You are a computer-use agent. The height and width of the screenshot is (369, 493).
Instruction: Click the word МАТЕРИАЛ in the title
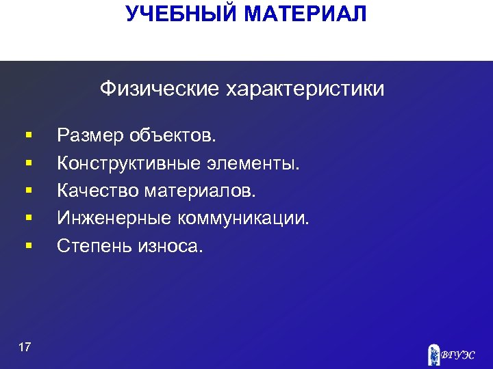307,14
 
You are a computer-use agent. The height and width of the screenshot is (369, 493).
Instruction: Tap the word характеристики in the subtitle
305,90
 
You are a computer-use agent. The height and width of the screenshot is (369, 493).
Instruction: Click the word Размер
90,137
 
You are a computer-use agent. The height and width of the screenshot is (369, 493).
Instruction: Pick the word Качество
99,191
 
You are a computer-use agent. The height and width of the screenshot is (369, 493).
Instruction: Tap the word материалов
200,191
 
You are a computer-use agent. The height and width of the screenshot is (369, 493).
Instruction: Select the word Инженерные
114,218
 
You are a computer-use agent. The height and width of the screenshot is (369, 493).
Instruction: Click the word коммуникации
244,218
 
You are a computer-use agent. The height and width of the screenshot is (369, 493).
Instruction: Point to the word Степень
94,245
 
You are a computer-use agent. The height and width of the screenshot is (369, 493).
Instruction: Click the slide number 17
25,348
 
